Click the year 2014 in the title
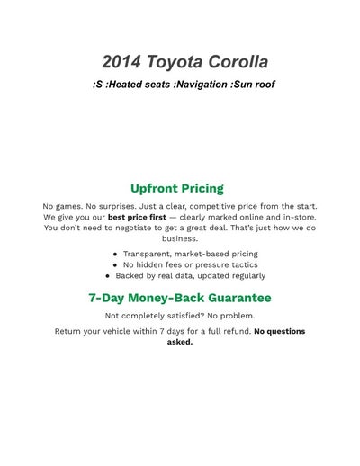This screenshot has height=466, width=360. [121, 62]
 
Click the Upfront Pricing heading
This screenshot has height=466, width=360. [177, 188]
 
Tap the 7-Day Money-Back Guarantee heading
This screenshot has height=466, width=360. [180, 297]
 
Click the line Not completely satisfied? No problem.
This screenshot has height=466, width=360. [180, 316]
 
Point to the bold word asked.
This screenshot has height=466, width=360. [180, 342]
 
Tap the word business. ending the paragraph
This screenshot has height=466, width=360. [180, 238]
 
